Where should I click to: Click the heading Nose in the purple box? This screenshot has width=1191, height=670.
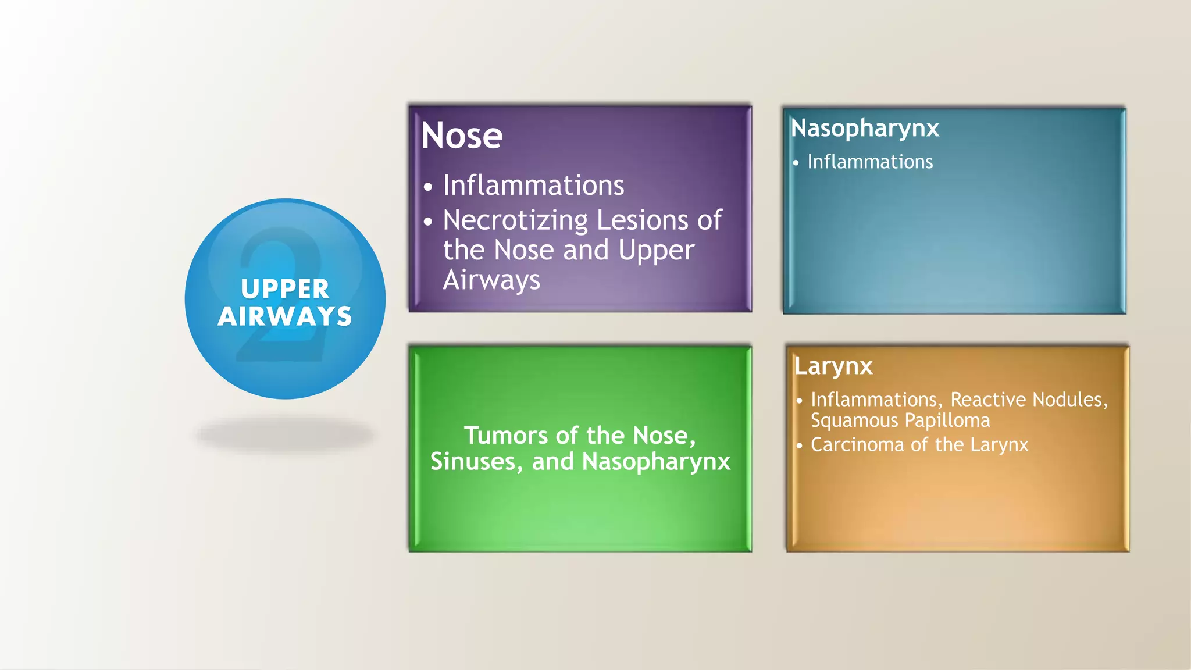[462, 136]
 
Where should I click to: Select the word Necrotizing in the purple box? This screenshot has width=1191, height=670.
[515, 221]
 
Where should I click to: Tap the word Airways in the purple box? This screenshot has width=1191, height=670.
[491, 280]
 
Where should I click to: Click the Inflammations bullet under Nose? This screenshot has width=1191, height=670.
[533, 186]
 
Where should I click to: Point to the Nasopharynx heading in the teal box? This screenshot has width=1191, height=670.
[865, 129]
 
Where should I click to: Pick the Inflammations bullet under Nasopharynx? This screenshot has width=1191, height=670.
[870, 162]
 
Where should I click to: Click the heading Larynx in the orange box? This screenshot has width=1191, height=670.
[833, 366]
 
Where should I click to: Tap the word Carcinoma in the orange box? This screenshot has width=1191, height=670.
[858, 445]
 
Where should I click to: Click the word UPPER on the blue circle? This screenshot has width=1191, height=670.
[285, 289]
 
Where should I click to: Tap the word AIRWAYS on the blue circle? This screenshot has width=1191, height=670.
[285, 316]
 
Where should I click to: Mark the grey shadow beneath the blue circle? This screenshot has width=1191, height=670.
[285, 434]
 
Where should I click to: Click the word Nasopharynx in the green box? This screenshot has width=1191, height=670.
[656, 462]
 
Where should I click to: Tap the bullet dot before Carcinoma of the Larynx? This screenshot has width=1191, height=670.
[800, 446]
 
